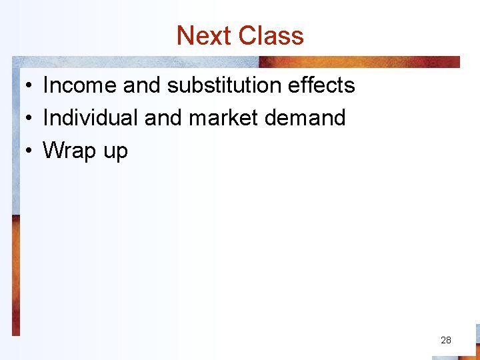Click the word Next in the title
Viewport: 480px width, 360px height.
203,36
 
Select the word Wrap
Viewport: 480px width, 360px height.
69,151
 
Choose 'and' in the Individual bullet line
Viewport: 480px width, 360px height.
164,118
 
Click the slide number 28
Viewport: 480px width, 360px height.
446,340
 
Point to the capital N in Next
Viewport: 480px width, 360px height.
185,36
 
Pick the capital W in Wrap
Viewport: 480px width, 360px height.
54,151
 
